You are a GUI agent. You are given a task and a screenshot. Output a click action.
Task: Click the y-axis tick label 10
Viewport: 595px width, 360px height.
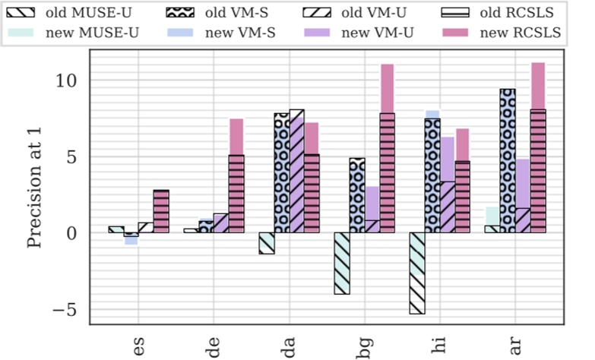pos(72,81)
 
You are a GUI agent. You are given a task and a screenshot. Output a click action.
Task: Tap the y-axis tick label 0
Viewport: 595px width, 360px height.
pos(76,233)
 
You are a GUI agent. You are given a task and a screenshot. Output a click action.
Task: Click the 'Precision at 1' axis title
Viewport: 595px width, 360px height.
pos(34,188)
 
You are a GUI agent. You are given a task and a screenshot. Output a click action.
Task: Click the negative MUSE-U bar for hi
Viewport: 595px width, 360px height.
pos(417,273)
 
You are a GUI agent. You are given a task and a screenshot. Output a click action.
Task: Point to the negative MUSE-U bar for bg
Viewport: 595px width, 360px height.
pos(341,263)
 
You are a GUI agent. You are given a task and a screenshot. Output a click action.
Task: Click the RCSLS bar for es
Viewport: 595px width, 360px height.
pos(161,211)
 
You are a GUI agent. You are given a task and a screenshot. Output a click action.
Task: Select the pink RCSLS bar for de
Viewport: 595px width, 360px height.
pos(236,175)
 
